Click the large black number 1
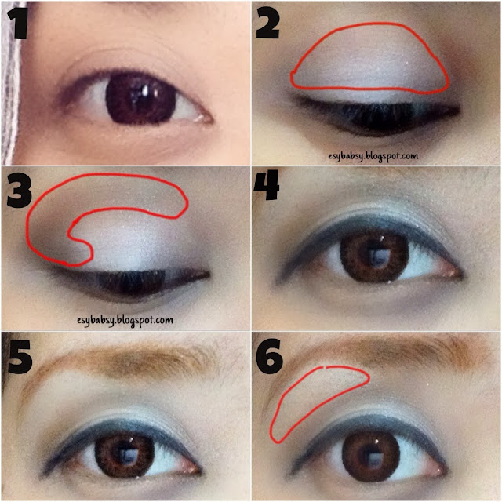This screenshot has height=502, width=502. point(17,24)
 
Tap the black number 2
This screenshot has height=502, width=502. point(267,24)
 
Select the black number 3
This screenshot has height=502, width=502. point(20,191)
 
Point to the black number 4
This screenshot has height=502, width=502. point(267,185)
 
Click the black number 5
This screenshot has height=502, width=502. point(20,356)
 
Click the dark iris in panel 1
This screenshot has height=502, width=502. point(141,99)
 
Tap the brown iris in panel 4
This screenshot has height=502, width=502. point(375,254)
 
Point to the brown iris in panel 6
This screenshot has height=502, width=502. point(371,455)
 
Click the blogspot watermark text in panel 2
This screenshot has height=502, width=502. point(373,157)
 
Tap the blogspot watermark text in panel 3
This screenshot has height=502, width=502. point(125,321)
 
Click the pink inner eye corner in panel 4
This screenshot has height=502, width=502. point(449,272)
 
